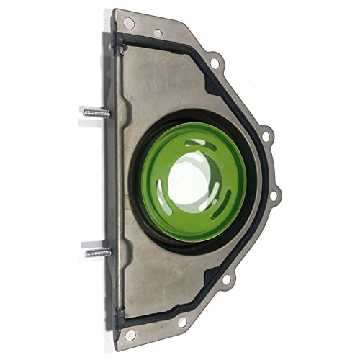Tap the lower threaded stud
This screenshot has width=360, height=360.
97,252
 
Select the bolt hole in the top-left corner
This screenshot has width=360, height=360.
128,24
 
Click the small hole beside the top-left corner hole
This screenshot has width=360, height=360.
158,32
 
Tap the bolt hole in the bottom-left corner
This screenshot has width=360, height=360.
130,335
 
